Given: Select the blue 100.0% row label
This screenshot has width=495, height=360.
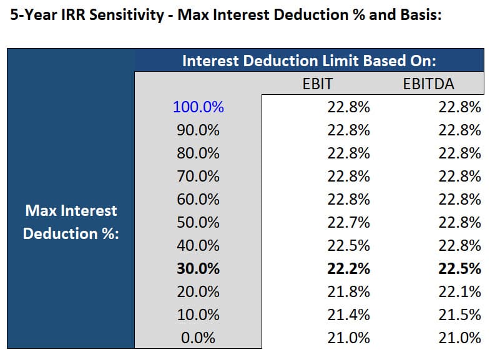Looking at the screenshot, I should (198, 107).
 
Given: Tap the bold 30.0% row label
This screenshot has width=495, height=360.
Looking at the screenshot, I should (198, 269).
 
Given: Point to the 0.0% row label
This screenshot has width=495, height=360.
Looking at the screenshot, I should (198, 338).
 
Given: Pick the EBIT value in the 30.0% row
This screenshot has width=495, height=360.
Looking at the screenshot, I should (349, 269).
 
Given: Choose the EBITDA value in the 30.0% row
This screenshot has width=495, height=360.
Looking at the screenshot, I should (460, 269).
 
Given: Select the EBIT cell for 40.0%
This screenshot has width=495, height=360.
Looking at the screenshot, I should (349, 246).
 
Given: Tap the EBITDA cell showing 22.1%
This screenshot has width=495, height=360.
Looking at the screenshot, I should (460, 292).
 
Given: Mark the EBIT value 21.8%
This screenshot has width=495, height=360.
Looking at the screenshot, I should (349, 292).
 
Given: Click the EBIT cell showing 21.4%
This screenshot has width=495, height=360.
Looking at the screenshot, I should (349, 315).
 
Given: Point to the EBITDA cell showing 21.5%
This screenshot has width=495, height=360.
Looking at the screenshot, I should (460, 315).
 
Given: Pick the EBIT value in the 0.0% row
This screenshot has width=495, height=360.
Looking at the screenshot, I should (349, 338).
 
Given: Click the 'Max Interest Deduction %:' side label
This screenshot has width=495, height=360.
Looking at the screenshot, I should (71, 223).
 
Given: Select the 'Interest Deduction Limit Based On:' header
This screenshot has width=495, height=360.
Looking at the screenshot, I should (308, 61).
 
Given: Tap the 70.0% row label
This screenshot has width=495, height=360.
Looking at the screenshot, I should (198, 177).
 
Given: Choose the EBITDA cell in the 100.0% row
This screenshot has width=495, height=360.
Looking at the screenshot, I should (460, 107).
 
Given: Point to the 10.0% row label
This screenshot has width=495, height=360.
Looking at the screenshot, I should (198, 315).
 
